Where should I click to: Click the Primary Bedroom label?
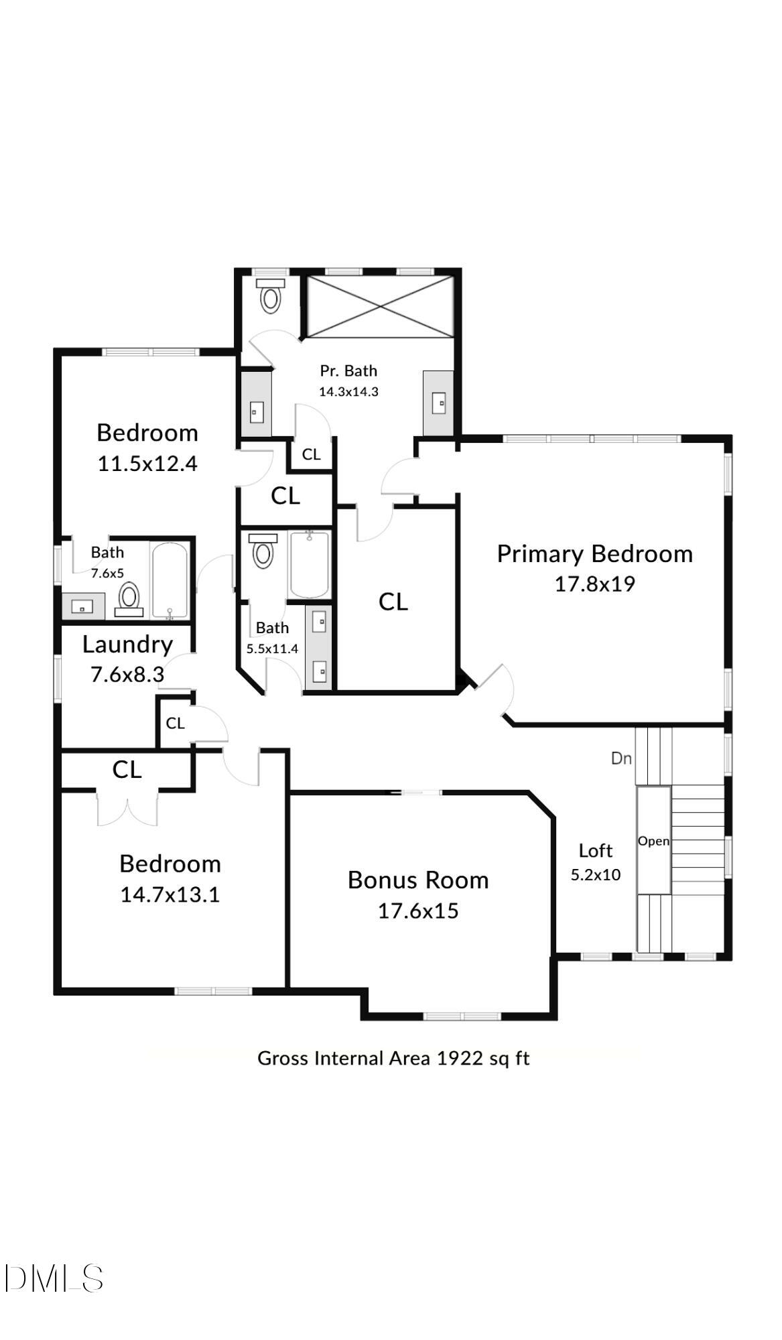tap(594, 554)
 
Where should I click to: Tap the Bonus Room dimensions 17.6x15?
tap(418, 911)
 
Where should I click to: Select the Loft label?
tap(596, 851)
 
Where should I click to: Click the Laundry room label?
tap(127, 645)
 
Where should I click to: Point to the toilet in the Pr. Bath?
tap(270, 295)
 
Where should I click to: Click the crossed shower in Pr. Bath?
tap(380, 306)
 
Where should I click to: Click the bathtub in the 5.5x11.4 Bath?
tap(309, 564)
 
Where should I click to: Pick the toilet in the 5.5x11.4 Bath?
tap(263, 551)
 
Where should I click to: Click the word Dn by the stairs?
tap(621, 758)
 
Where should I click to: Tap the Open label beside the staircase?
tap(653, 841)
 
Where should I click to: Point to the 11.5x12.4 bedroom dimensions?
tap(147, 464)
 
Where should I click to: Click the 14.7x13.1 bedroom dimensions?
tap(170, 895)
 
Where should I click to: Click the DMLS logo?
tap(54, 1278)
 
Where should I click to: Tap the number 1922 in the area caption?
tap(460, 1058)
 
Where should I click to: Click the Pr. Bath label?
tap(348, 371)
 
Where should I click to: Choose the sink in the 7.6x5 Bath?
tap(83, 606)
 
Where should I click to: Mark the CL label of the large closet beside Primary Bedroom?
tap(393, 602)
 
